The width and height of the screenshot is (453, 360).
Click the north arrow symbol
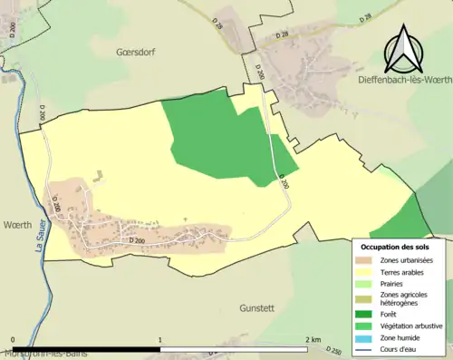[403, 49]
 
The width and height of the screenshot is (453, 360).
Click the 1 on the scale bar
[160, 340]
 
